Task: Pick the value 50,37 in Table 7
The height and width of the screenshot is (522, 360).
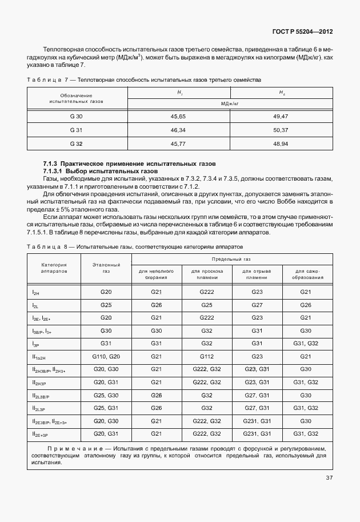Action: pyautogui.click(x=281, y=130)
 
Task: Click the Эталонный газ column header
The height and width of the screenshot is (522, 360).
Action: pyautogui.click(x=106, y=268)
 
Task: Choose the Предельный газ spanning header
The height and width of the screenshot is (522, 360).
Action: pyautogui.click(x=233, y=259)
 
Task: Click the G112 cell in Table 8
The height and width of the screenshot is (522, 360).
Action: pyautogui.click(x=206, y=356)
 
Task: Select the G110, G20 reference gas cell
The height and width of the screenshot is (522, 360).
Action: pyautogui.click(x=106, y=356)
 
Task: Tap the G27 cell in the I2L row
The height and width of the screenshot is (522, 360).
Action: pyautogui.click(x=257, y=305)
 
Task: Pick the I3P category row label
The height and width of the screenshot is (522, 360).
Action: pyautogui.click(x=36, y=344)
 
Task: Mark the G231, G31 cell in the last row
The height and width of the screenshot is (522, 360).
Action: pyautogui.click(x=257, y=434)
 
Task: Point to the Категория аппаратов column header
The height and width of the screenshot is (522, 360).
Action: pyautogui.click(x=54, y=268)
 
